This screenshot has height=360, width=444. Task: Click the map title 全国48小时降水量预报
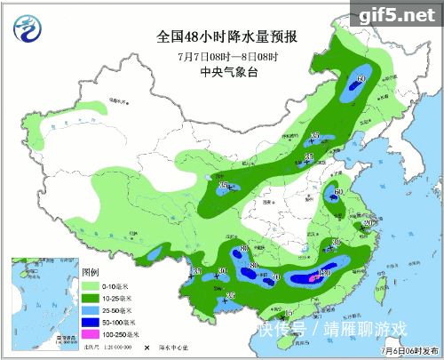click(227, 36)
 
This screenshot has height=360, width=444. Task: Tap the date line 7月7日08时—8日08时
click(226, 56)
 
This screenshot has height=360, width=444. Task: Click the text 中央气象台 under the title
click(227, 73)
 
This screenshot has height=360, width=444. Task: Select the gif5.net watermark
click(395, 14)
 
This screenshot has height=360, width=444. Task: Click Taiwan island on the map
click(384, 286)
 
